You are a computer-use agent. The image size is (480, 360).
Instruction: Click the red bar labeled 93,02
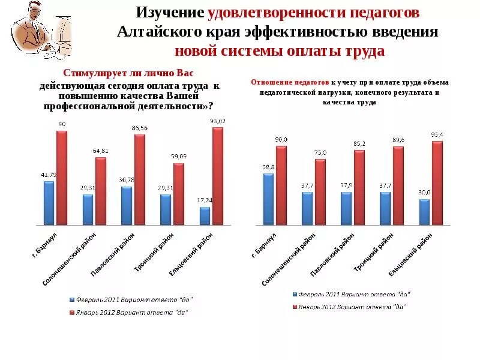tap(217, 176)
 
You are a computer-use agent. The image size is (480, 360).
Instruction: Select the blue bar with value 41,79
tap(49, 203)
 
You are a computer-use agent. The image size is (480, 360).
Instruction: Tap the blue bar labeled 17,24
tap(205, 216)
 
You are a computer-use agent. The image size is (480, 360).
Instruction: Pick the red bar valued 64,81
tap(101, 191)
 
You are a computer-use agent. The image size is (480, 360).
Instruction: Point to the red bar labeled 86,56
tap(140, 179)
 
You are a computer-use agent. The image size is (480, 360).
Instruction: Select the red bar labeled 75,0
tap(320, 192)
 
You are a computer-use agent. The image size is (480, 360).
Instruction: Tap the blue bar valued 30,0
tap(424, 212)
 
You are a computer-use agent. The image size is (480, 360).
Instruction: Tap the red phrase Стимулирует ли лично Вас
tap(128, 73)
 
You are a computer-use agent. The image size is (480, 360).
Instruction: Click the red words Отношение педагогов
tap(290, 82)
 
